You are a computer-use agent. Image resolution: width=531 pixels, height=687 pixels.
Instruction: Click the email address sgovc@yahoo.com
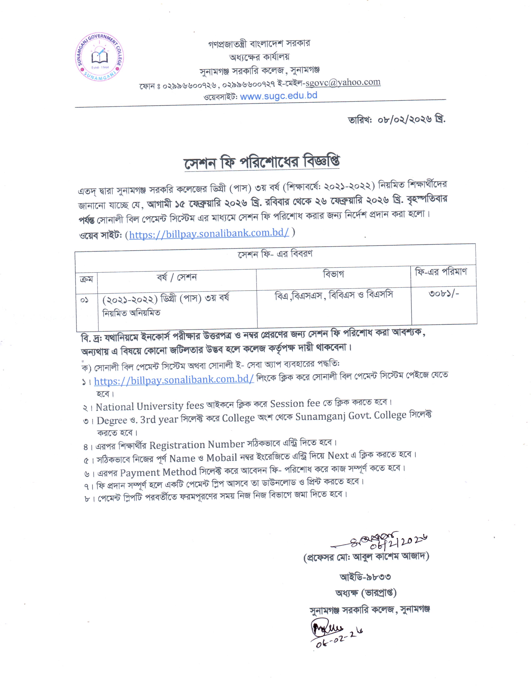tap(343, 82)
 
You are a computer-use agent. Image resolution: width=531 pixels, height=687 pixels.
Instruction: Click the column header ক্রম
tap(86, 279)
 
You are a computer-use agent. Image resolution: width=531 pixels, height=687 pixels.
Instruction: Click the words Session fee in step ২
tap(295, 404)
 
